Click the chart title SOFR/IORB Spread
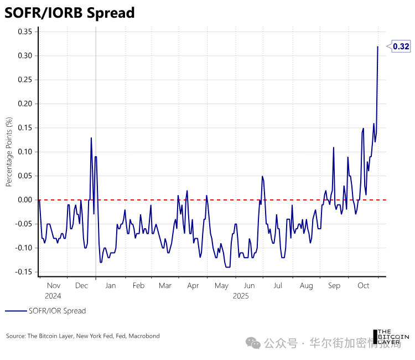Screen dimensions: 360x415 point(70,13)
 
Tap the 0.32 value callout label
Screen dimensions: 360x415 point(401,47)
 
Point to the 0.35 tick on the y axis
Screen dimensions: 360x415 point(24,32)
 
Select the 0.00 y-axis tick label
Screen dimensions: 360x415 point(24,200)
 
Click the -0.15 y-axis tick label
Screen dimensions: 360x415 point(23,272)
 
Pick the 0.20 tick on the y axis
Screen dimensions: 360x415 point(24,104)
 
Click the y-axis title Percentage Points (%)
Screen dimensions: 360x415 point(9,151)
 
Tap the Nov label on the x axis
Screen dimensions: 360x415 point(53,285)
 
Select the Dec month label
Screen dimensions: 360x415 point(81,285)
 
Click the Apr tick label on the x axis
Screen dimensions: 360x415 point(193,285)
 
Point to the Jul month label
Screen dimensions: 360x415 point(278,285)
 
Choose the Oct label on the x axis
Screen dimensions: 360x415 point(364,285)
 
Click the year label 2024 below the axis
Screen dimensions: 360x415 point(53,296)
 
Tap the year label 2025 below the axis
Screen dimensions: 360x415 point(240,296)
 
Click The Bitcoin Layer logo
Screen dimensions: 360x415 point(392,336)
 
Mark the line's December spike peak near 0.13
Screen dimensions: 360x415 point(91,138)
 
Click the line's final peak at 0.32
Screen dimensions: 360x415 point(378,47)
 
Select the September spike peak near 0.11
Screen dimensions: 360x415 point(334,147)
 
